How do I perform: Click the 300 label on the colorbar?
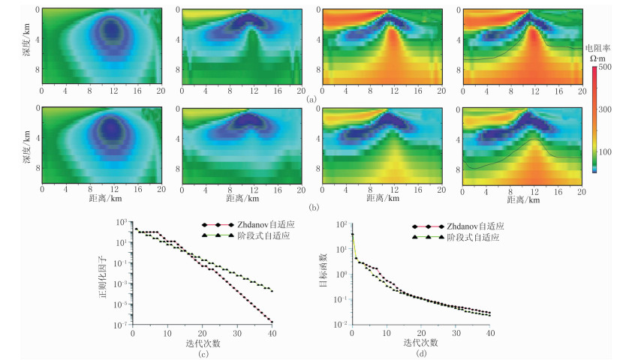coord(606,109)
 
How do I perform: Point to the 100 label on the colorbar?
coord(606,151)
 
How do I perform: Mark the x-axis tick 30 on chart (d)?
coord(456,333)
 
